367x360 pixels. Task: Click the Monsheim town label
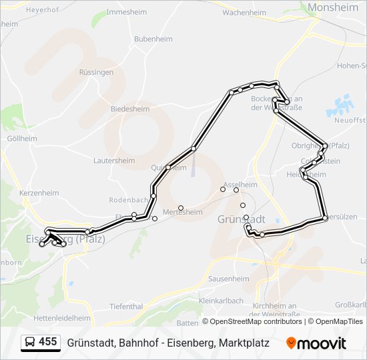[333, 7]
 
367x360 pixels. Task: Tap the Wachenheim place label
[244, 12]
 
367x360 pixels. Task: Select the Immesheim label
[127, 13]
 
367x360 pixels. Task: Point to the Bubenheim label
[153, 39]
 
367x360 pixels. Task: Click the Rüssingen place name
[96, 72]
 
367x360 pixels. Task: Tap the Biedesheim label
[129, 108]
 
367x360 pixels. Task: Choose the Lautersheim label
[114, 161]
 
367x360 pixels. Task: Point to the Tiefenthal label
[126, 306]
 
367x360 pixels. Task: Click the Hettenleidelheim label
[61, 318]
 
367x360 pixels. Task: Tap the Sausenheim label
[228, 279]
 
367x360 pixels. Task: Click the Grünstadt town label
[242, 219]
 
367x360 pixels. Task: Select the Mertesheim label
[182, 212]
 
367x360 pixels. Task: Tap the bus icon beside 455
[30, 342]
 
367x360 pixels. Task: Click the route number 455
[47, 342]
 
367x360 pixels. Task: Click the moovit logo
[316, 343]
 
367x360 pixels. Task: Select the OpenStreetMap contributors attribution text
[256, 321]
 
